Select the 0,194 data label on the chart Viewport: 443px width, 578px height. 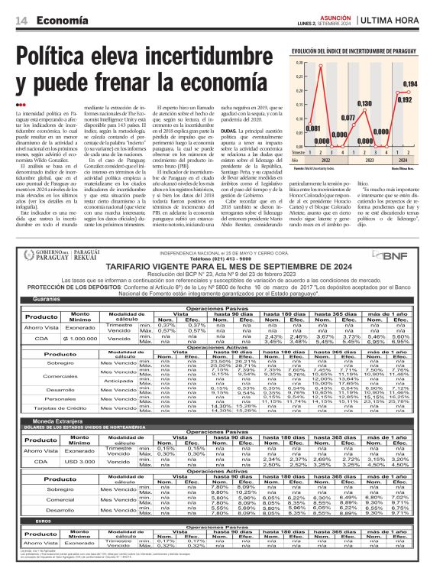(x=410, y=83)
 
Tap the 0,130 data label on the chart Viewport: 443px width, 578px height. (x=366, y=102)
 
